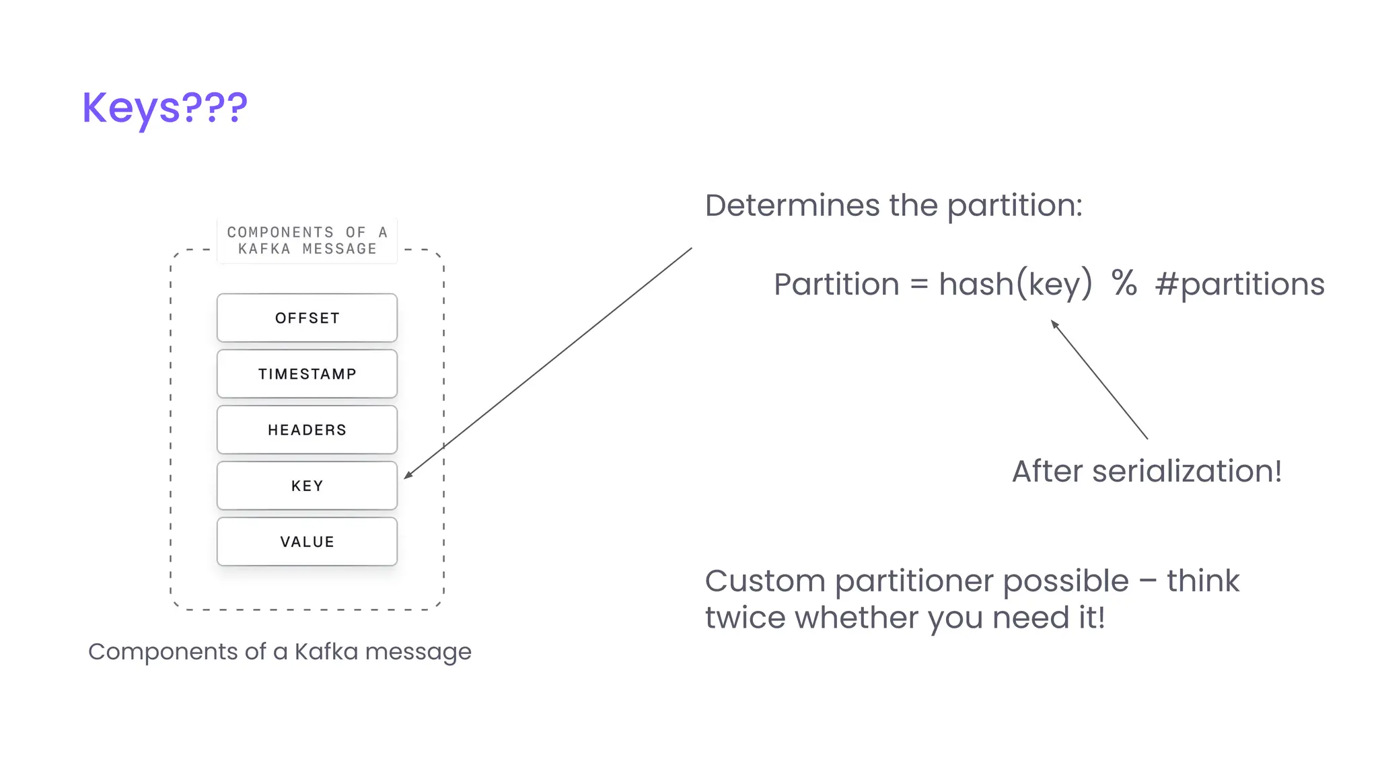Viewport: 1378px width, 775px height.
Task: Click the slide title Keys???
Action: pos(165,108)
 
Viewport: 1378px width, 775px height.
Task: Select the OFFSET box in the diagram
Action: pos(307,318)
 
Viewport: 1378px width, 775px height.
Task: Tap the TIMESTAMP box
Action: pos(307,374)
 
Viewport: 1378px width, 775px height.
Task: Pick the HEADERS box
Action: pos(307,430)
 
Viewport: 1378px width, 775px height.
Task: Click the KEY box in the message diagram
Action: pos(307,486)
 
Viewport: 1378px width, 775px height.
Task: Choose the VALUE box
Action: pos(307,542)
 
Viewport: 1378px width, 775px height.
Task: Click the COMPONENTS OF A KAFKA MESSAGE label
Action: pos(307,240)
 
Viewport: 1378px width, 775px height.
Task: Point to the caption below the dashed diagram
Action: pos(279,651)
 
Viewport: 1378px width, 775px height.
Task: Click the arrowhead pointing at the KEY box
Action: pos(408,476)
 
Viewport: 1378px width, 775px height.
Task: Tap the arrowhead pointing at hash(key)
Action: pos(1054,324)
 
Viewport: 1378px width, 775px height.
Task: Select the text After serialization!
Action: pos(1147,471)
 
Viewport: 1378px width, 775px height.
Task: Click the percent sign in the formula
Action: pos(1124,283)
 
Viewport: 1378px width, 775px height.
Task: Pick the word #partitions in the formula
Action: pos(1239,285)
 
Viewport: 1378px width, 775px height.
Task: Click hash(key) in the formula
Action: pos(1015,285)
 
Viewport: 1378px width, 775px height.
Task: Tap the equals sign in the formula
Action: pos(919,285)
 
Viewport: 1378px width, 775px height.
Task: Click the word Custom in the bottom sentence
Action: pos(765,581)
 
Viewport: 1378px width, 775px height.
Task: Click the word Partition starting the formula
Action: pos(836,285)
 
